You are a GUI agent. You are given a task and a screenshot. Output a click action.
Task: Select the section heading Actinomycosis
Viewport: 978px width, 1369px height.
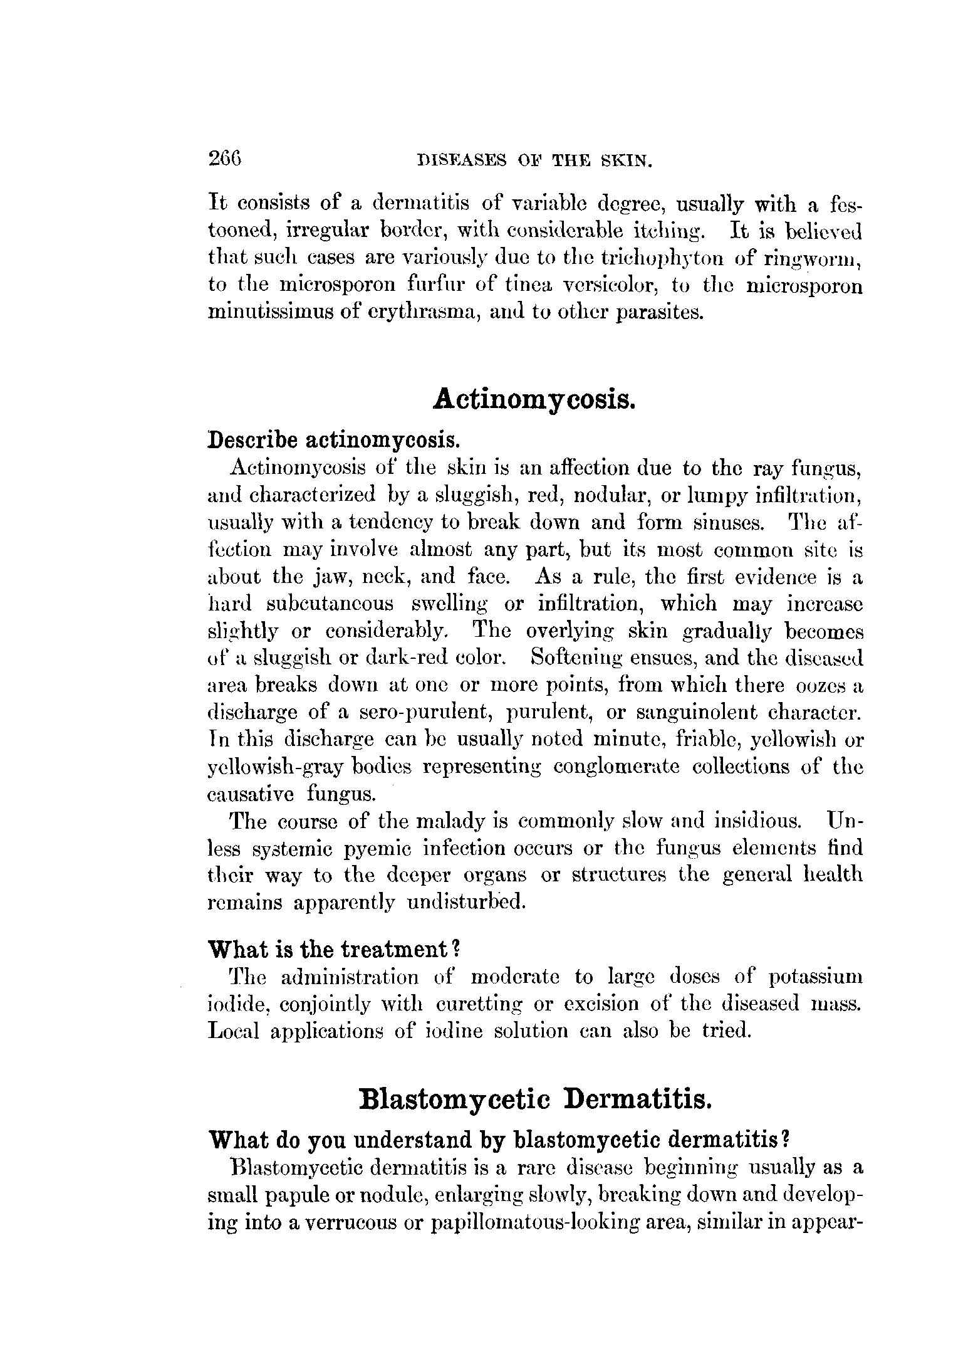pyautogui.click(x=534, y=400)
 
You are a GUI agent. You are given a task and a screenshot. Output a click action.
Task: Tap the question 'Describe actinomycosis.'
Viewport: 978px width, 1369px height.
pyautogui.click(x=334, y=441)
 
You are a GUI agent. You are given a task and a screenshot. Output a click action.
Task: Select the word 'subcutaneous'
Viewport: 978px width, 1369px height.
pyautogui.click(x=330, y=604)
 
